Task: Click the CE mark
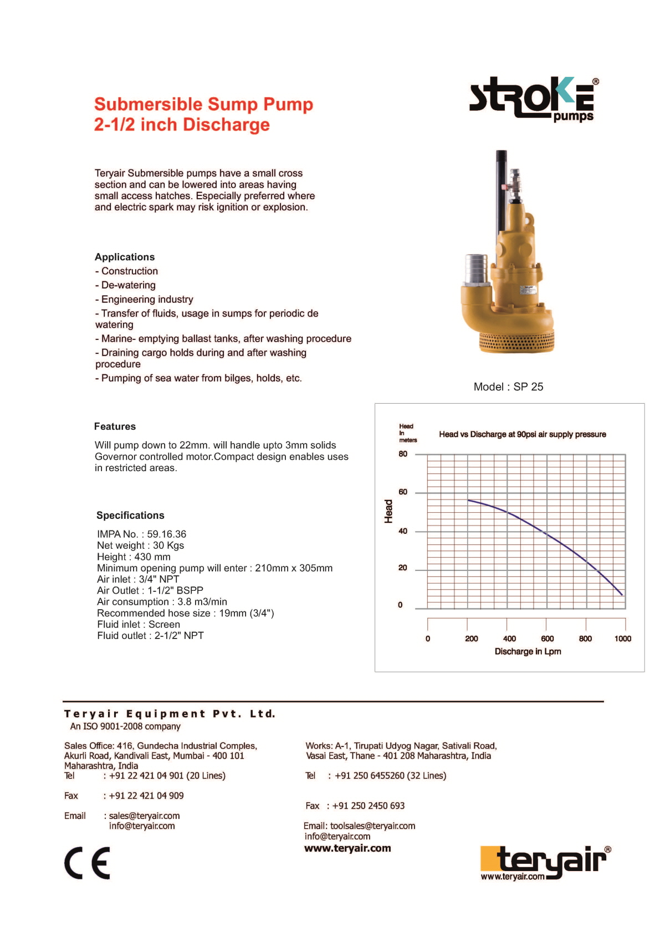coord(87,863)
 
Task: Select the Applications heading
coord(125,257)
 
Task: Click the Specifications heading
coord(130,516)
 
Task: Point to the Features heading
coord(115,426)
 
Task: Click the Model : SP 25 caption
coord(508,387)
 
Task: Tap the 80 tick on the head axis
coord(403,454)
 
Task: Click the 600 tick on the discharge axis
coord(547,638)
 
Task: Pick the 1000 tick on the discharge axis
coord(622,638)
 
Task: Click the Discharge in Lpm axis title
coord(528,652)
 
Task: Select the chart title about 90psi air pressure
coord(522,435)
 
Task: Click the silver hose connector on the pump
coord(476,269)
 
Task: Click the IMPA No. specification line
coord(142,534)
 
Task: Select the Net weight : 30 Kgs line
coord(140,545)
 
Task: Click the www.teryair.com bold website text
coord(347,848)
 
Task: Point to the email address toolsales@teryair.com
coord(372,826)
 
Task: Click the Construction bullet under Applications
coord(129,271)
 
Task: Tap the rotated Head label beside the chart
coord(388,511)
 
